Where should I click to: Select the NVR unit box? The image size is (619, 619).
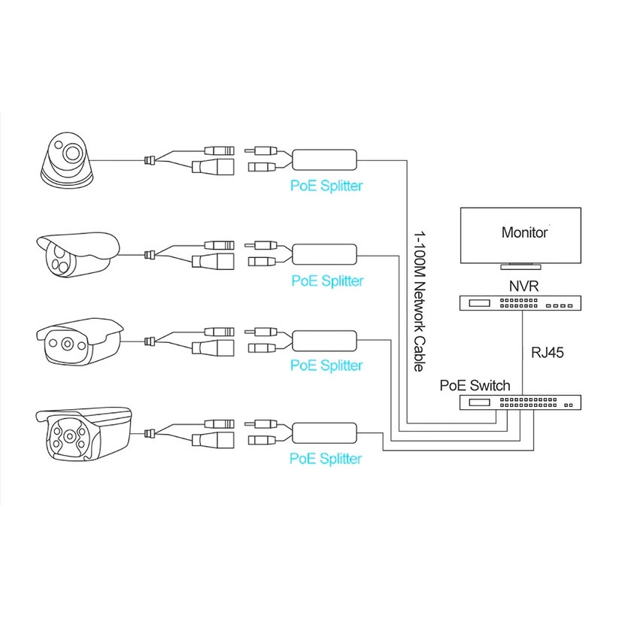coord(520,303)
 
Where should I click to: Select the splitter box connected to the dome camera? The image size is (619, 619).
coord(324,160)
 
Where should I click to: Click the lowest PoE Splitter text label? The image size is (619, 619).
coord(326,458)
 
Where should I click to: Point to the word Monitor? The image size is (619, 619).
coord(524,232)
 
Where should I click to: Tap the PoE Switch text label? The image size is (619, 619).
coord(475,385)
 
